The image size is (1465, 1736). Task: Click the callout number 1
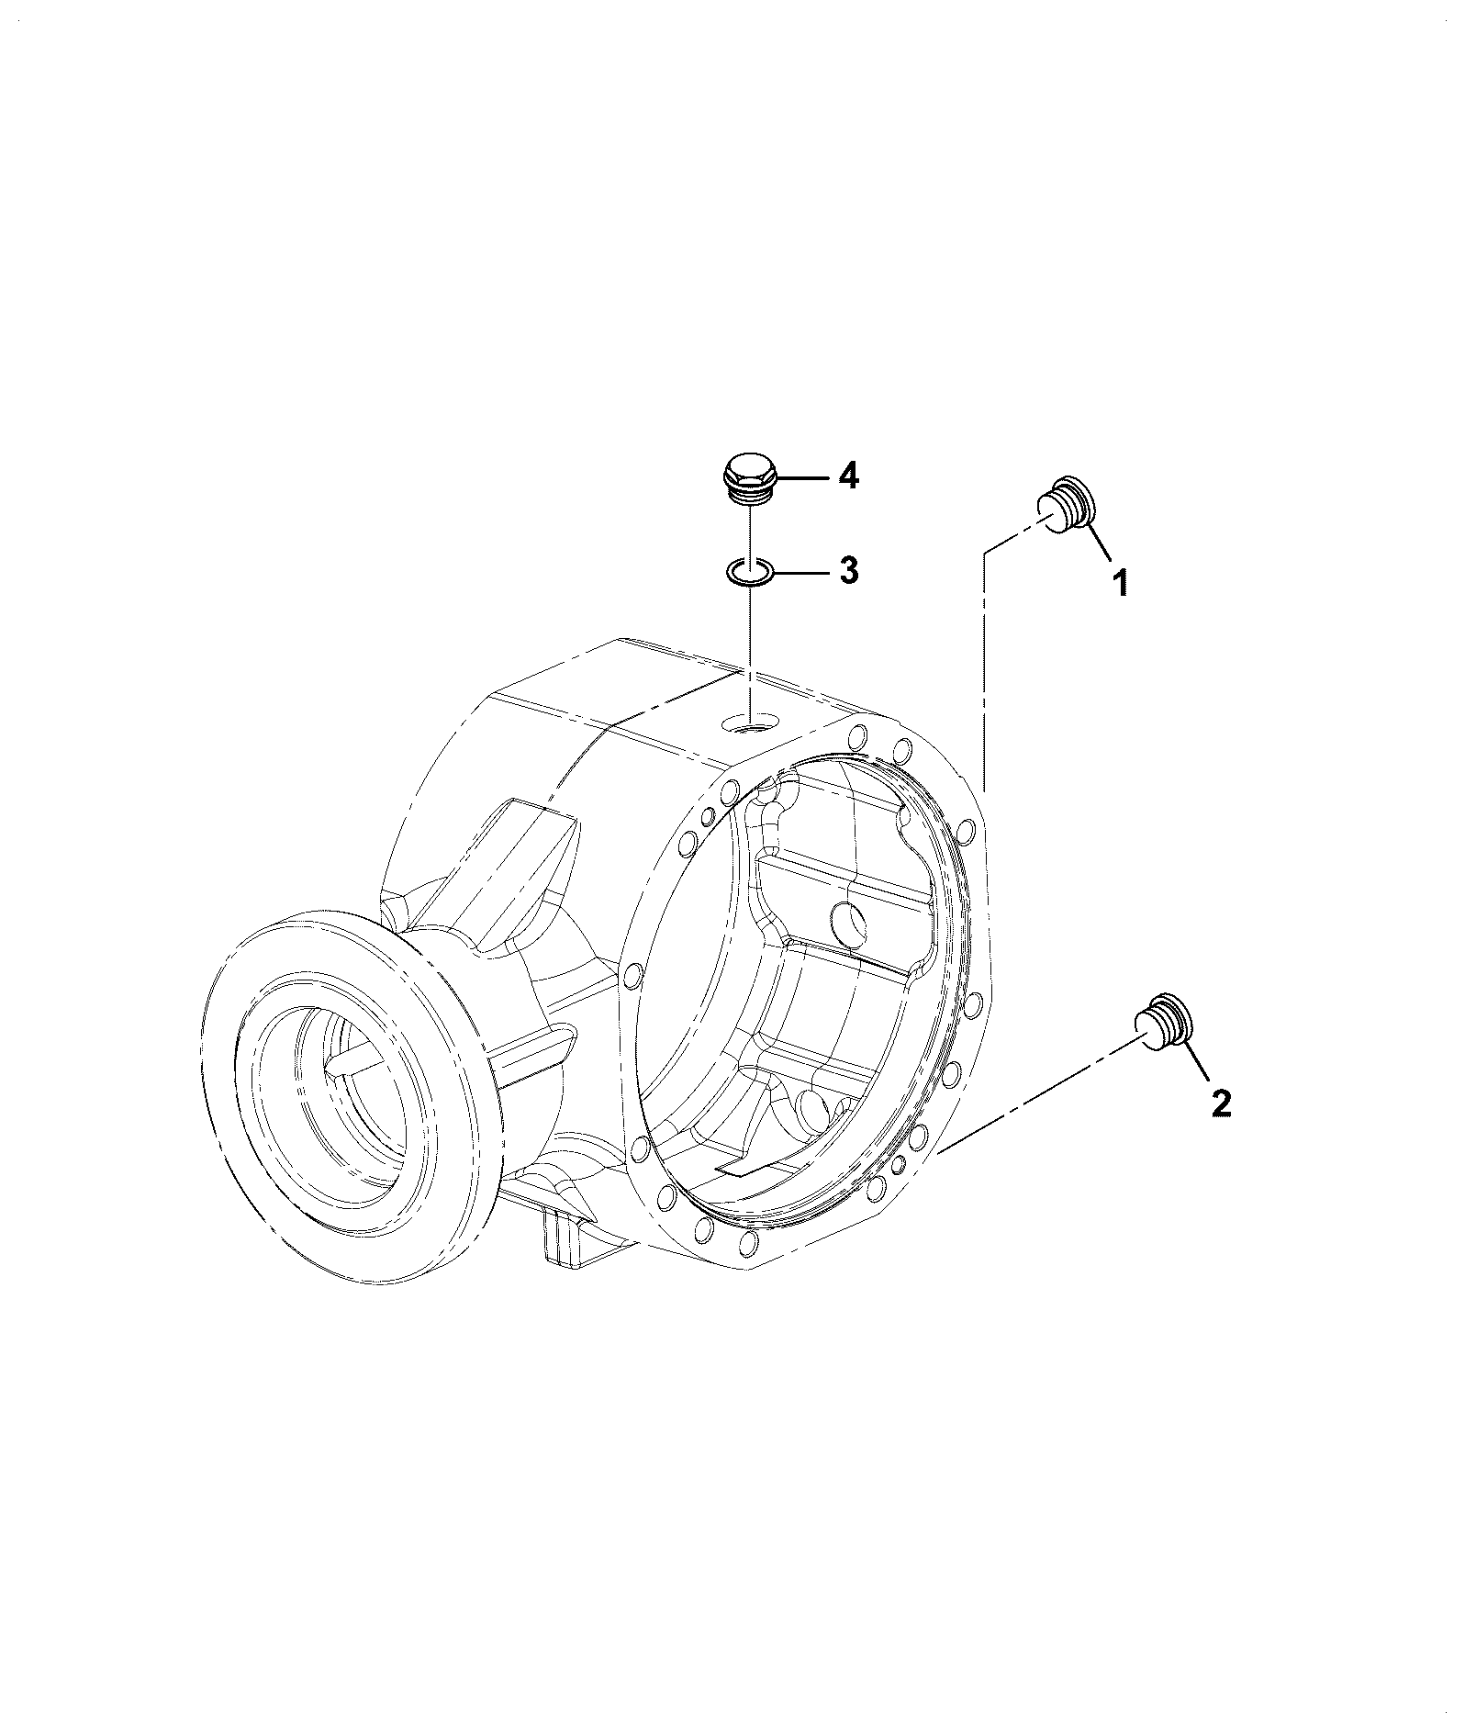click(x=1120, y=582)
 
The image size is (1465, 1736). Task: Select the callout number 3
click(x=848, y=570)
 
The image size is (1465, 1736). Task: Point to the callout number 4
click(x=848, y=476)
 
